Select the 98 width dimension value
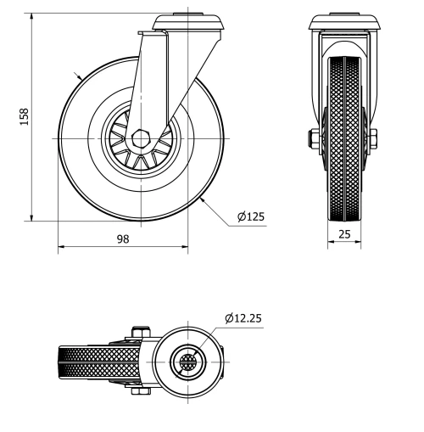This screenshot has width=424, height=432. coord(122,240)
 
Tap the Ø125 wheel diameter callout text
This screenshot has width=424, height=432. coord(251,217)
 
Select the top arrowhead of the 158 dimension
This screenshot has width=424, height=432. coord(31,18)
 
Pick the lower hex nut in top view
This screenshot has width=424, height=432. coord(138,391)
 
